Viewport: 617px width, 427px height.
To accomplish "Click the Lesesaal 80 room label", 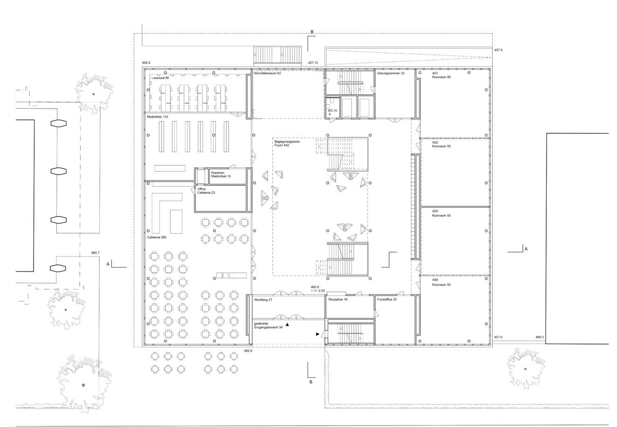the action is point(160,78).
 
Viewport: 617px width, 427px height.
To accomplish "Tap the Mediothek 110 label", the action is point(158,117).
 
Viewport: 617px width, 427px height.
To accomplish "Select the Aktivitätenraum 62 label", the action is point(267,74).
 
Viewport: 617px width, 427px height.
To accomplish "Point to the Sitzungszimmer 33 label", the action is point(391,73).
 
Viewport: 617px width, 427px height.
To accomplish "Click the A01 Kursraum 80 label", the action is point(441,75).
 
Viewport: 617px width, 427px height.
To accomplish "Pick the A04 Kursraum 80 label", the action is point(441,282).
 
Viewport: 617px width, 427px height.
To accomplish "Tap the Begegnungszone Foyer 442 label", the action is point(287,143).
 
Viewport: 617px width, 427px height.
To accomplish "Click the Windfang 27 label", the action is point(263,300).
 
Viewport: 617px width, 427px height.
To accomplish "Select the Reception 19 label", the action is point(338,299).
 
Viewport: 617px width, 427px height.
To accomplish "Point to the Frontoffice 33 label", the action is point(387,299).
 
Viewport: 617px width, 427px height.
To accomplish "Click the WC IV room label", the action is point(332,111).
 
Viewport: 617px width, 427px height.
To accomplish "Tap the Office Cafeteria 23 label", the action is point(206,191).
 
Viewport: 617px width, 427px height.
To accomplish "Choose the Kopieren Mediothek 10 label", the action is point(221,174).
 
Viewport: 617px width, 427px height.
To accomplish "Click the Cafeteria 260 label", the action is point(157,237).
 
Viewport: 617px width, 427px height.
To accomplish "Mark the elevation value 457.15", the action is point(313,63).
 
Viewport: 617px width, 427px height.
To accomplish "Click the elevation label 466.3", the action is point(540,337).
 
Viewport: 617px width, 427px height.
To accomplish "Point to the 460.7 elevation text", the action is point(95,253).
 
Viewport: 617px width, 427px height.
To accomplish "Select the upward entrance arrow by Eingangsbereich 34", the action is point(287,325).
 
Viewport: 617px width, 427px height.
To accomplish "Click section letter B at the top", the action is point(312,32).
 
